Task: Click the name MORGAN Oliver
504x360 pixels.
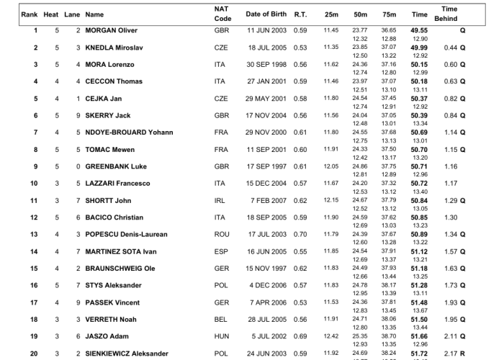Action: click(111, 30)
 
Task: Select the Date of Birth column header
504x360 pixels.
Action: click(266, 14)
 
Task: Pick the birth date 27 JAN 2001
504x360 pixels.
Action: click(266, 81)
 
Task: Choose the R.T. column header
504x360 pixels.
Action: click(300, 14)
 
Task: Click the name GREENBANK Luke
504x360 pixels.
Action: click(116, 166)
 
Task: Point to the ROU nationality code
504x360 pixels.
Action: click(222, 234)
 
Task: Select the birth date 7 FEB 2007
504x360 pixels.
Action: click(269, 200)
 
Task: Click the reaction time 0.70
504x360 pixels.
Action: click(300, 234)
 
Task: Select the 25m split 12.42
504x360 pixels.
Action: click(331, 336)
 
